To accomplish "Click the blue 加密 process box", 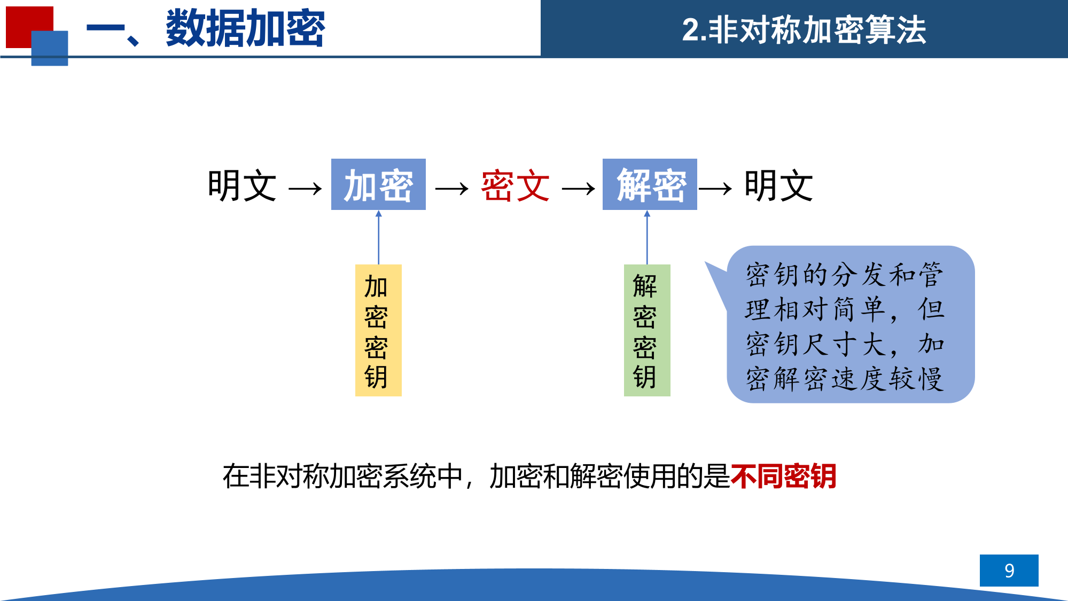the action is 378,184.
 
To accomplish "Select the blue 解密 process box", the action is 650,184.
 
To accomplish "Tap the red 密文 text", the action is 516,186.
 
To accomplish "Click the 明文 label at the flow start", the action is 242,186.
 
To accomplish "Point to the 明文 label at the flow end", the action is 778,186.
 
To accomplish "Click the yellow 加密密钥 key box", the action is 378,330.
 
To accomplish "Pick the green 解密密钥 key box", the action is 647,330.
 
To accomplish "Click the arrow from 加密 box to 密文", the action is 452,189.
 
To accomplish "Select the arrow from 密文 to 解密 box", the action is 579,189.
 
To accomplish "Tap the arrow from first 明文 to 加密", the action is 305,189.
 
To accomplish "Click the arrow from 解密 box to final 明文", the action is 715,189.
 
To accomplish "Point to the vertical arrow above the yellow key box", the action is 379,237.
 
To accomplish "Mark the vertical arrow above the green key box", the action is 647,237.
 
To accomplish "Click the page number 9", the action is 1009,571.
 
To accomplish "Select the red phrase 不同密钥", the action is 783,476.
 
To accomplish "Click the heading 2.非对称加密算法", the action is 804,29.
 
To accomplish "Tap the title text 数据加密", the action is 245,28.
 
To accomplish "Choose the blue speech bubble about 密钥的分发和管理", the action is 851,324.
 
